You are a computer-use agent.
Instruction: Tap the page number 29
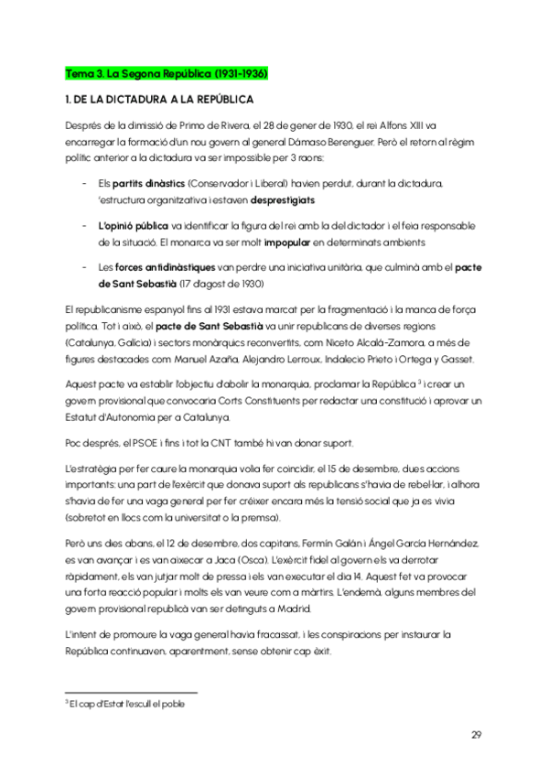477,735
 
